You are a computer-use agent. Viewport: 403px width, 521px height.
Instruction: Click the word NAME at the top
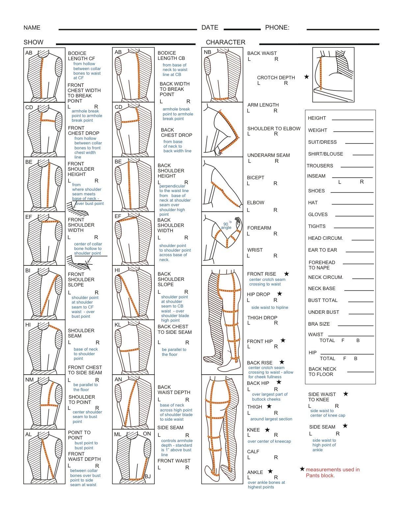pos(32,28)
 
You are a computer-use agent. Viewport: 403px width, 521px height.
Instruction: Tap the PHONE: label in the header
pos(277,28)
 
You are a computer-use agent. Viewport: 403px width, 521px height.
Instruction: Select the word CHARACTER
pos(226,42)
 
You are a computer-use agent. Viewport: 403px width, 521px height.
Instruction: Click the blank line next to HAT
pos(352,204)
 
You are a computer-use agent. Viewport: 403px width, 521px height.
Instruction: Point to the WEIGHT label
pos(317,130)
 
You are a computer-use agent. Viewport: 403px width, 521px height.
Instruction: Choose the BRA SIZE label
pos(319,324)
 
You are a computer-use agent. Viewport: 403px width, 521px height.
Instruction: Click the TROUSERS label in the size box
pos(320,166)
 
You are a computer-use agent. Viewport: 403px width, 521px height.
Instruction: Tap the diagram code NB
pos(207,52)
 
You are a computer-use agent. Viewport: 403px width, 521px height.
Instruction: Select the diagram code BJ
pos(148,476)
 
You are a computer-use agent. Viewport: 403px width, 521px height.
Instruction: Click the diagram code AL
pos(29,434)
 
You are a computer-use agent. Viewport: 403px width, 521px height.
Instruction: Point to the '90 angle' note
pos(226,226)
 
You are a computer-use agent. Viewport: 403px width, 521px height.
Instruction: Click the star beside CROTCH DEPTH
pos(307,77)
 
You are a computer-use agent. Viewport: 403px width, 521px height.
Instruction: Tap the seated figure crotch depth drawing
pos(333,75)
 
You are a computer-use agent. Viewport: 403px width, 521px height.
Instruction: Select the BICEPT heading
pos(255,178)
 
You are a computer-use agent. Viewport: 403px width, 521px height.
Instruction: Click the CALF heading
pos(253,452)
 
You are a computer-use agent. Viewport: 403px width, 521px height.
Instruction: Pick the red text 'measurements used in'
pos(333,470)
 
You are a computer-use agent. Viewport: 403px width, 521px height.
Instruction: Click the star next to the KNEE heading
pos(267,430)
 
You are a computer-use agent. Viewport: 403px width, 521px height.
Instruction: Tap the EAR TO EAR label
pos(322,250)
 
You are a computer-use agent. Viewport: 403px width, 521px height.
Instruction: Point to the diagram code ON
pos(147,434)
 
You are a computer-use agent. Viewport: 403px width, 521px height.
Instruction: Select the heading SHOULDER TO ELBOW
pos(274,129)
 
